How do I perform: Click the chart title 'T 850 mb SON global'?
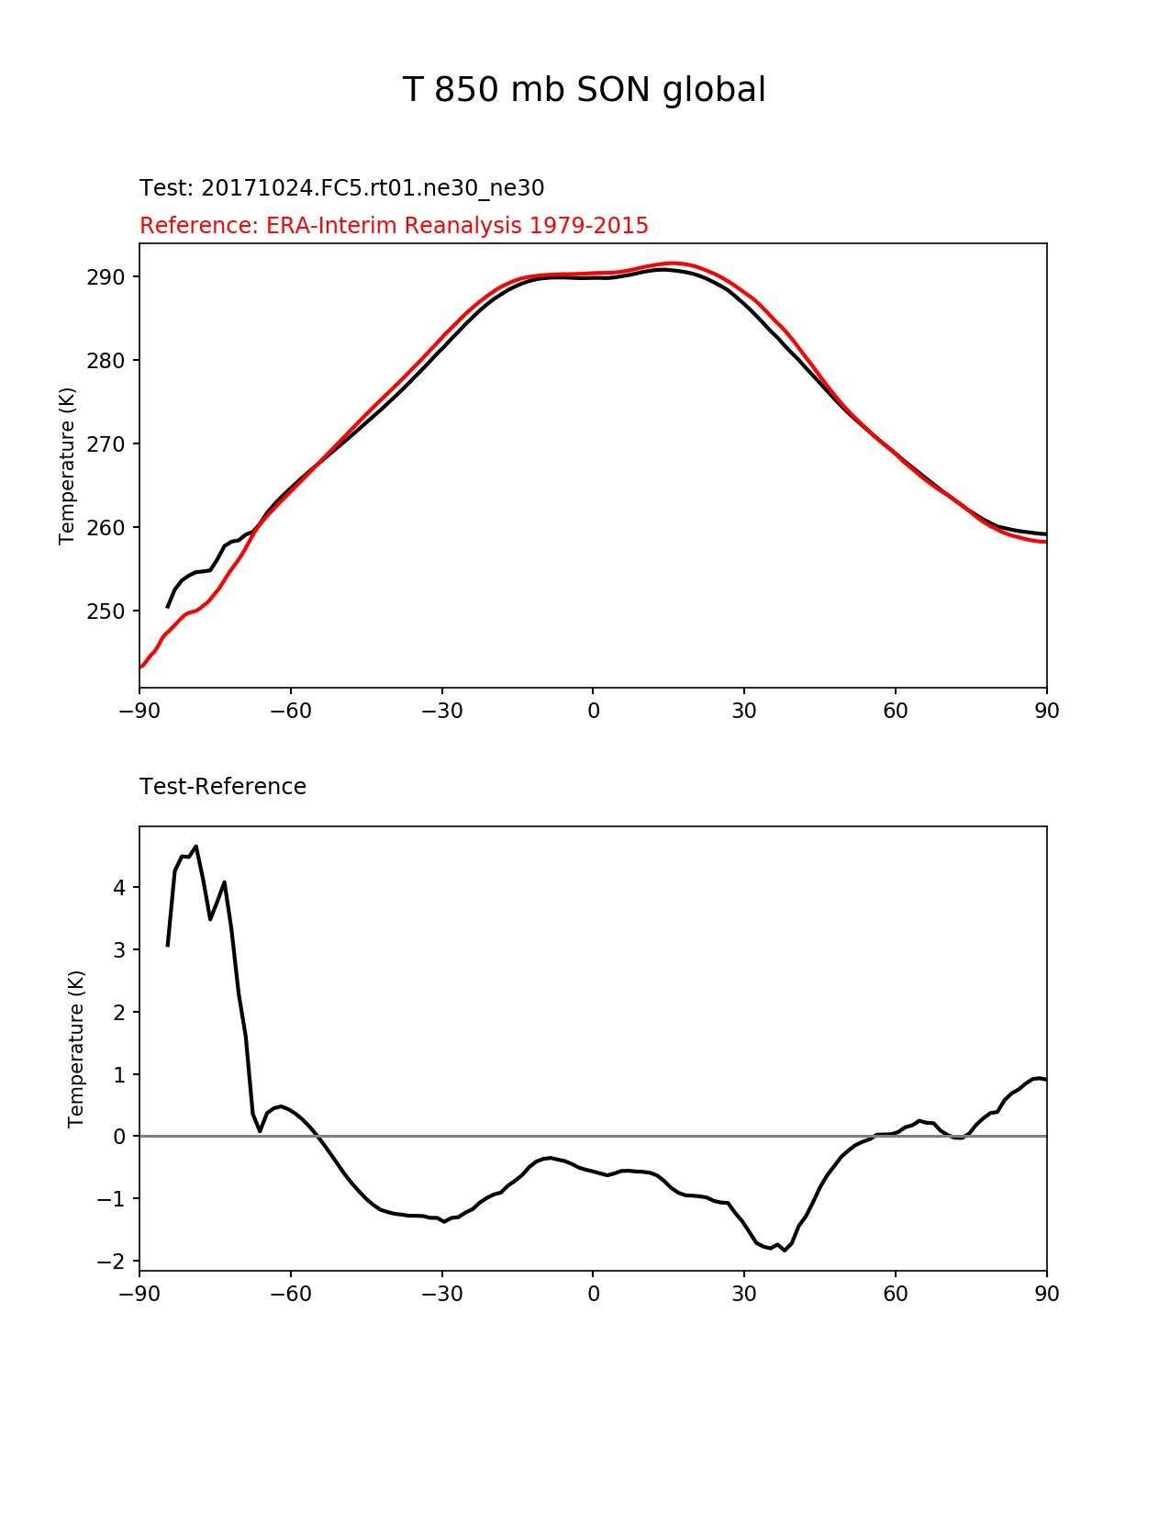pos(584,90)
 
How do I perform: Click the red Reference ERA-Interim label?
pos(394,226)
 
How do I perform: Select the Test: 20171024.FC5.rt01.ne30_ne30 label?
pos(341,188)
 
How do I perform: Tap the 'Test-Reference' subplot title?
pos(222,787)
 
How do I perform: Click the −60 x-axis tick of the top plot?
pos(290,711)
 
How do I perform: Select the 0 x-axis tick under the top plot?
pos(593,711)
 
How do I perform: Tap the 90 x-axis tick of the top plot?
pos(1046,711)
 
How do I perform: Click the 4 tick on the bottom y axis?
pos(120,888)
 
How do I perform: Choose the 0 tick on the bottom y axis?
pos(120,1137)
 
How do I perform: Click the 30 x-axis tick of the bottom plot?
pos(744,1294)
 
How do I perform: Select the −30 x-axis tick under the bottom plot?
pos(441,1294)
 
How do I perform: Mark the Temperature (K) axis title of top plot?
pos(67,466)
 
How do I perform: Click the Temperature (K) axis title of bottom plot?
pos(76,1049)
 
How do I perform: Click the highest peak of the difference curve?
pos(195,847)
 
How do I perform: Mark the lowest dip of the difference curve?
pos(785,1251)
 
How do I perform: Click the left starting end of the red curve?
pos(140,668)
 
